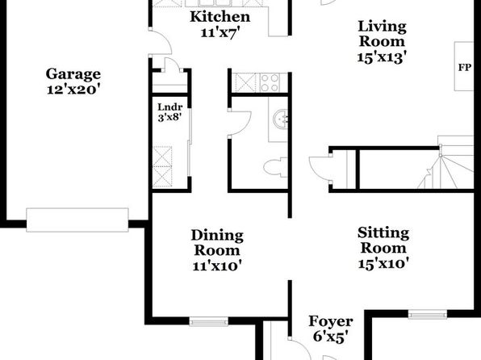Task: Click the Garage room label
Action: point(73,74)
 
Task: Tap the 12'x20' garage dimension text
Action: point(73,90)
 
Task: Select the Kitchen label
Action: point(220,17)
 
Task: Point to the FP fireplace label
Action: point(464,67)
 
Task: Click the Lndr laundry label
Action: point(170,107)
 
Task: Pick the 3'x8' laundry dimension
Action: point(169,117)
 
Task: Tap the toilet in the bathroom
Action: point(275,167)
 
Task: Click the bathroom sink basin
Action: point(280,119)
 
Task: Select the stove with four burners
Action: point(270,82)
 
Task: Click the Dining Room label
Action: point(217,243)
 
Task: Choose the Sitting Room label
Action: point(383,241)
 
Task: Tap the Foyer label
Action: point(331,321)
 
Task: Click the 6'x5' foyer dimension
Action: point(331,337)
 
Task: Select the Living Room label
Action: point(383,34)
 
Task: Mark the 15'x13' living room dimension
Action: point(383,57)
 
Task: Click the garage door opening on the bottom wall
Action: point(77,220)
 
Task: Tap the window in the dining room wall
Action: point(208,321)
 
